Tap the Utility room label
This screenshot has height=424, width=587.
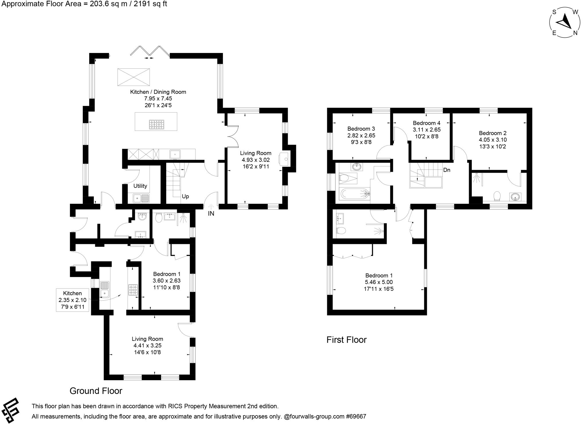[140, 186]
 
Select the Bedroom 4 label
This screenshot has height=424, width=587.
[426, 123]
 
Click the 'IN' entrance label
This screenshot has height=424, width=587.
[211, 214]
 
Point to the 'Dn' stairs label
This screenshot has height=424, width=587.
[447, 170]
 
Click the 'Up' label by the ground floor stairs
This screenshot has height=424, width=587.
[185, 197]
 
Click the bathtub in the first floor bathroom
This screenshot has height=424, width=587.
[355, 194]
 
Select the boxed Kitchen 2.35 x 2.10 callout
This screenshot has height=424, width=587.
[73, 300]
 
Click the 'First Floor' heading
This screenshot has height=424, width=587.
[346, 340]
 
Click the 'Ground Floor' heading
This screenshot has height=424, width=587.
[96, 391]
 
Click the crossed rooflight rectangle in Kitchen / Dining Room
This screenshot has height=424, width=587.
[134, 77]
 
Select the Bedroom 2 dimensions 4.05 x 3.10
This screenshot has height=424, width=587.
[492, 140]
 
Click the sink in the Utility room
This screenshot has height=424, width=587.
[141, 198]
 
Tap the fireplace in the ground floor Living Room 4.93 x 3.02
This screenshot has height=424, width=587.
[285, 159]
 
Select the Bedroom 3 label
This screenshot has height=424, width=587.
[361, 129]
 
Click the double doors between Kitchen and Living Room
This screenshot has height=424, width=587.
[232, 137]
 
